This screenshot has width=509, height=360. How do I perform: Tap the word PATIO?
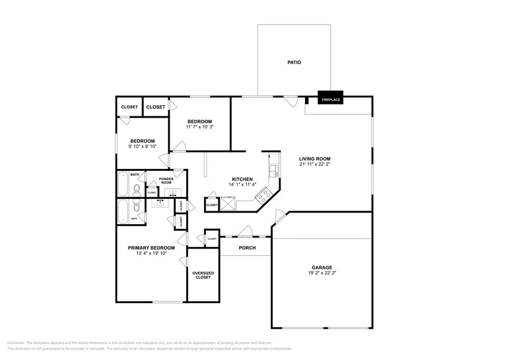coord(294,62)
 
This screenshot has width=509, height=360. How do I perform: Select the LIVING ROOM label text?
coord(315,158)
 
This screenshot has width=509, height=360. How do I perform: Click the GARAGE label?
coord(322,267)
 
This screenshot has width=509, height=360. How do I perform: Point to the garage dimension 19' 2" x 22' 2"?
coord(322,273)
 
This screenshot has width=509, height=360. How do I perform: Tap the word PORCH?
coord(247,248)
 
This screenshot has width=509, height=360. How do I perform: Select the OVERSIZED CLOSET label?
coord(203,274)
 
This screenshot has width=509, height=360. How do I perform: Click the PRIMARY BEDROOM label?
coord(151,248)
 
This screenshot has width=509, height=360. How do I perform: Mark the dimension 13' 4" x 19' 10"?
coord(151,253)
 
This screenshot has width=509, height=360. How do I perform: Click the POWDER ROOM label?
coord(166,181)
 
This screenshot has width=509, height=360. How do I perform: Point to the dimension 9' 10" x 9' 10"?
coord(142,146)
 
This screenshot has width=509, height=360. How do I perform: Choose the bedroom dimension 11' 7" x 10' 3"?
coord(200,127)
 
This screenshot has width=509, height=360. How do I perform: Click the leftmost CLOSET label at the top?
coord(129,107)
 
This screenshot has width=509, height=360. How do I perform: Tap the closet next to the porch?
coord(212,238)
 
